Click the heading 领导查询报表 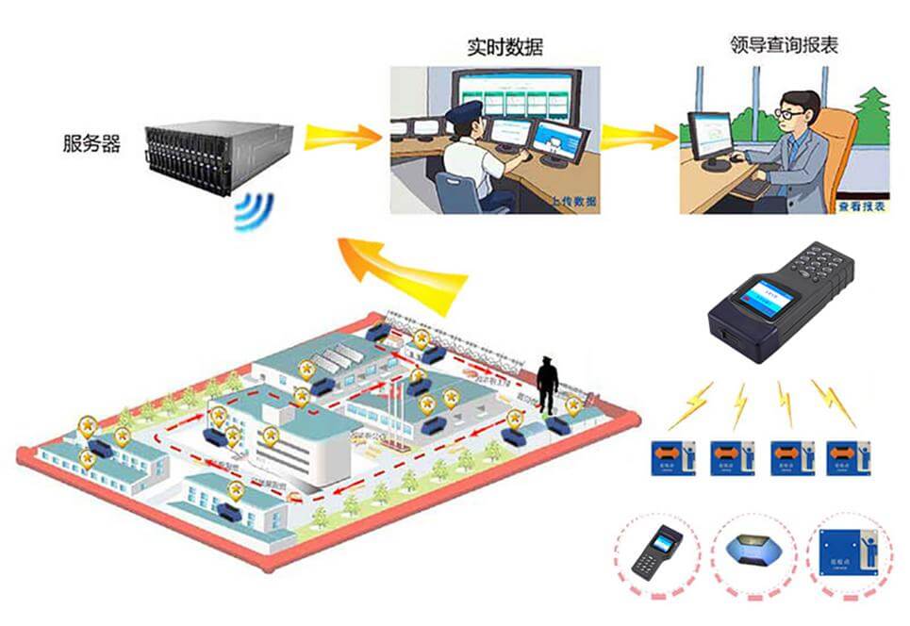[784, 44]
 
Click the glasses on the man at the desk [790, 113]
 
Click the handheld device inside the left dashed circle [657, 552]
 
